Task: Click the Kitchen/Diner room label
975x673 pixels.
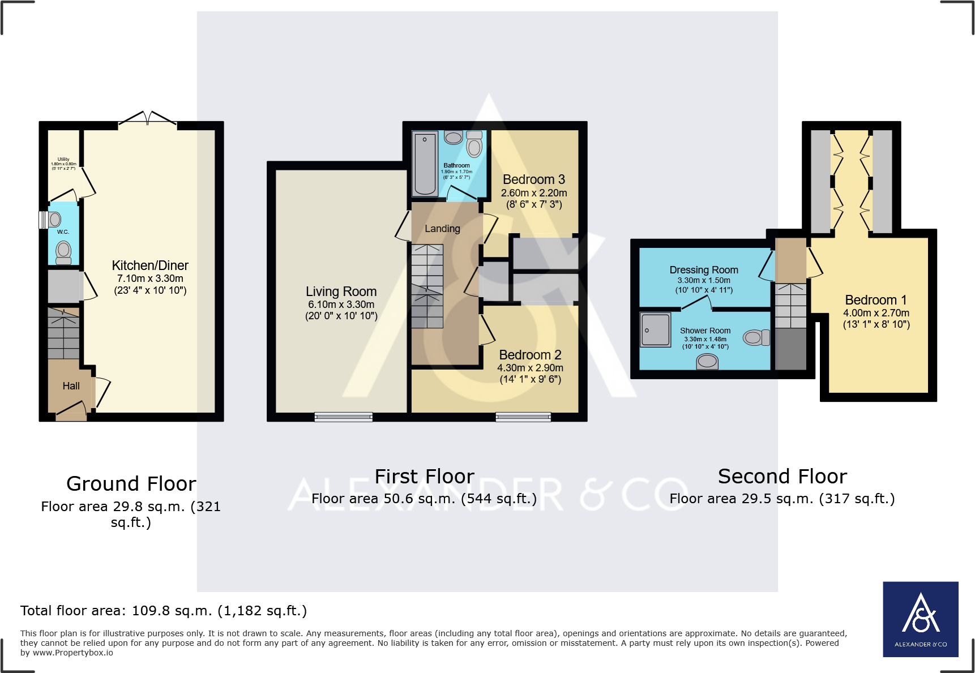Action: tap(150, 265)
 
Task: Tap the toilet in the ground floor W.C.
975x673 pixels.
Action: tap(63, 252)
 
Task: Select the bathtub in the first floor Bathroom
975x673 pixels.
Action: tap(425, 163)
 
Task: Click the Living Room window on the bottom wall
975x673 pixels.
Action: tap(343, 417)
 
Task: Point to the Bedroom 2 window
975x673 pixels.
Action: tap(523, 417)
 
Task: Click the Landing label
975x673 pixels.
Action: tap(442, 229)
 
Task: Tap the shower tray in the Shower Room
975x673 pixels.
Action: tap(655, 329)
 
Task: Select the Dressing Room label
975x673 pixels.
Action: tap(704, 270)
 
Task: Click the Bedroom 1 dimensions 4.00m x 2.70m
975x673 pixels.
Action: tap(876, 313)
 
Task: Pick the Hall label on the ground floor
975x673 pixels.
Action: tap(71, 386)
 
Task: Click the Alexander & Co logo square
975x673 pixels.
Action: tap(921, 619)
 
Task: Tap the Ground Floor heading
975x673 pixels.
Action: tap(131, 484)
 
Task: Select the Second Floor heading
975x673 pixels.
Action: tap(782, 477)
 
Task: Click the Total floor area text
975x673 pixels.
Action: tap(164, 611)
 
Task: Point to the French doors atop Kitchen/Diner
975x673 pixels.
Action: tap(147, 118)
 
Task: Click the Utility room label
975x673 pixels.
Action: tap(63, 160)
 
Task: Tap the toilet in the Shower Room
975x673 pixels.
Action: tap(756, 338)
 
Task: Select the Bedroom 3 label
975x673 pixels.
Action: tap(533, 179)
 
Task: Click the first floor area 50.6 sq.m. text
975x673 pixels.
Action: tap(424, 499)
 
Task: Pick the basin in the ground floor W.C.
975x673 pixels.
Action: tap(53, 220)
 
